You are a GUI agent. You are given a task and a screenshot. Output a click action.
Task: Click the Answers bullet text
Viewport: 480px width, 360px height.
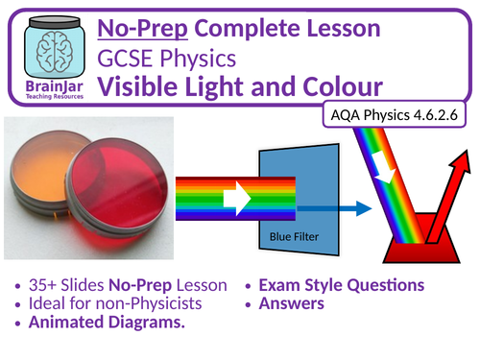(x=289, y=304)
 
